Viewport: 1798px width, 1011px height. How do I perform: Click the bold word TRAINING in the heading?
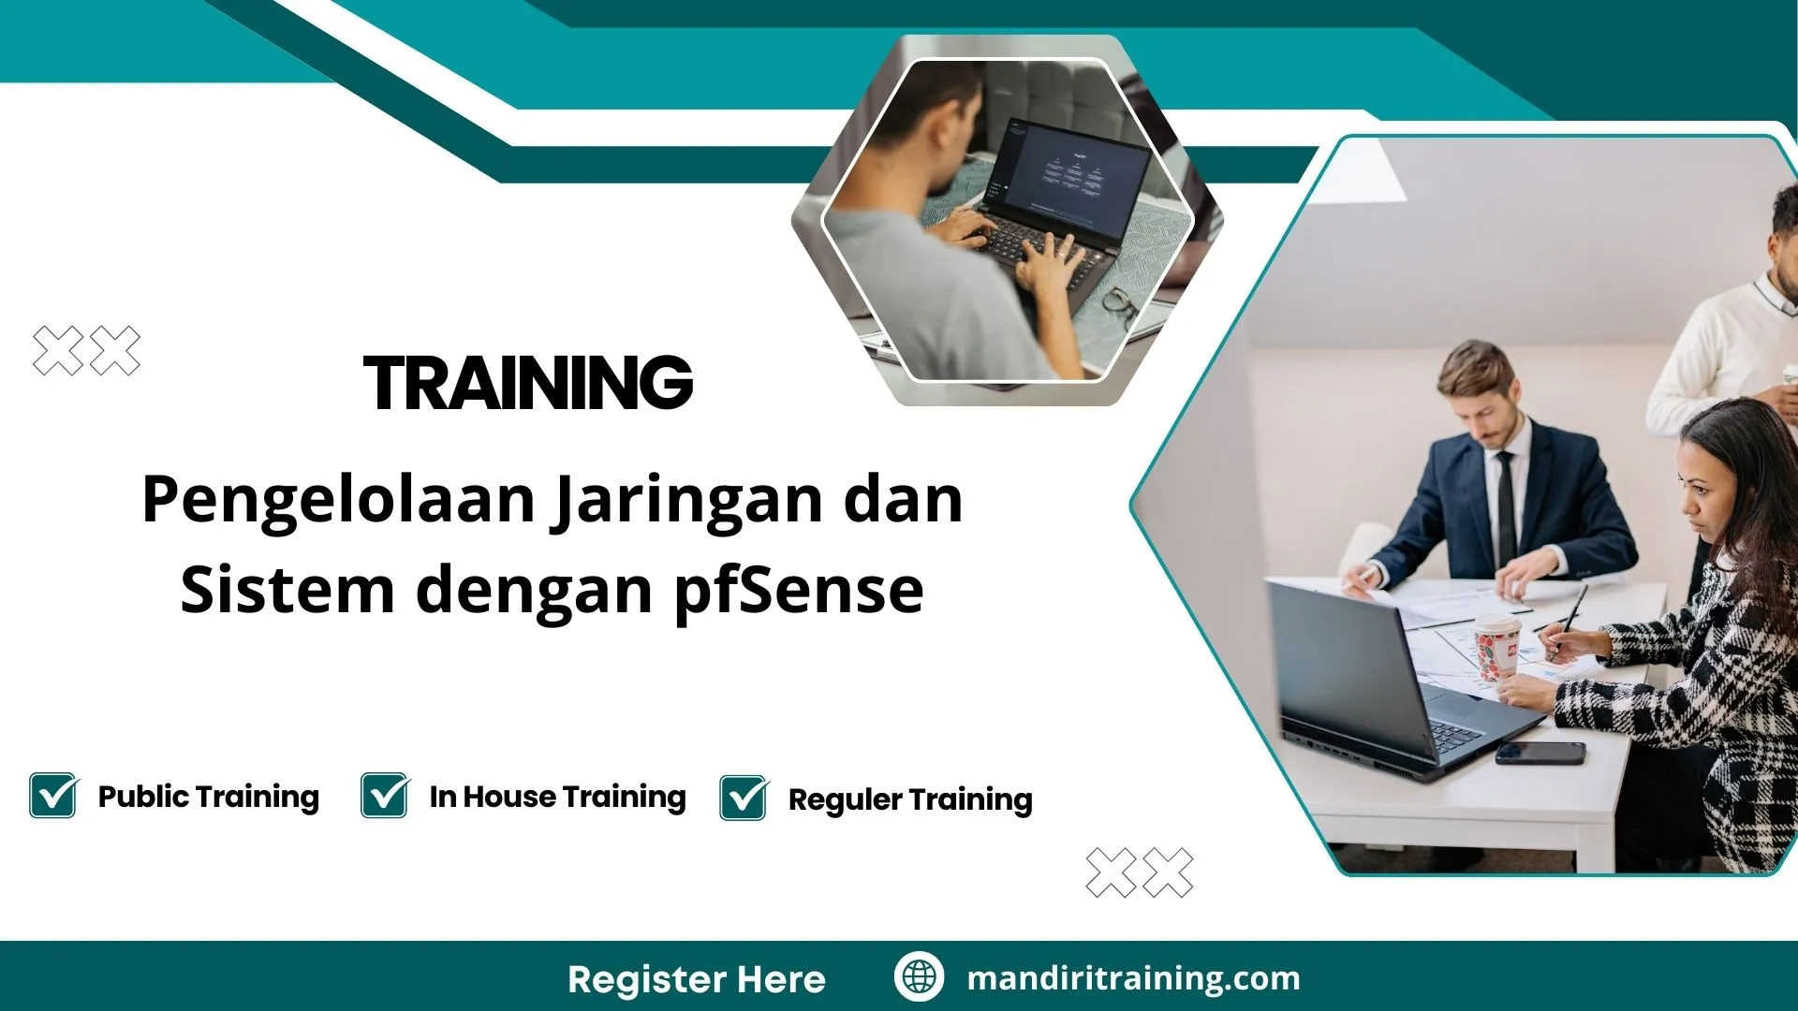point(528,383)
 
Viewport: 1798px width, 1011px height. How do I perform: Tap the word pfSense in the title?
point(799,590)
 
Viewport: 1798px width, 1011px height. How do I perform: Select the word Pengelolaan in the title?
point(338,499)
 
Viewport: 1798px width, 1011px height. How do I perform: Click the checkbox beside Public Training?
point(53,796)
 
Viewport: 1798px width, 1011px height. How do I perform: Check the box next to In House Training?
point(385,796)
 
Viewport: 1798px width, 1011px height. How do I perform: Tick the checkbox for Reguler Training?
point(744,799)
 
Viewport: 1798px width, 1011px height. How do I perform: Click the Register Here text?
point(696,979)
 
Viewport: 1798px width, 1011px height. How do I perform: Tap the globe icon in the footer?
point(919,977)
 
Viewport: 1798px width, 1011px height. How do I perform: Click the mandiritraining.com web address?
point(1133,978)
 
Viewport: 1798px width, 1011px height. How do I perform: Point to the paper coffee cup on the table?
point(1496,645)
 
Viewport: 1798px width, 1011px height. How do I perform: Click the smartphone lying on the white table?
point(1540,753)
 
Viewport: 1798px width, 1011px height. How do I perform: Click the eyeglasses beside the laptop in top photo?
point(1120,304)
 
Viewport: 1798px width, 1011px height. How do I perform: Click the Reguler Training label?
point(909,799)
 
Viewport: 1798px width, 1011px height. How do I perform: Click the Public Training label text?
point(208,797)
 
